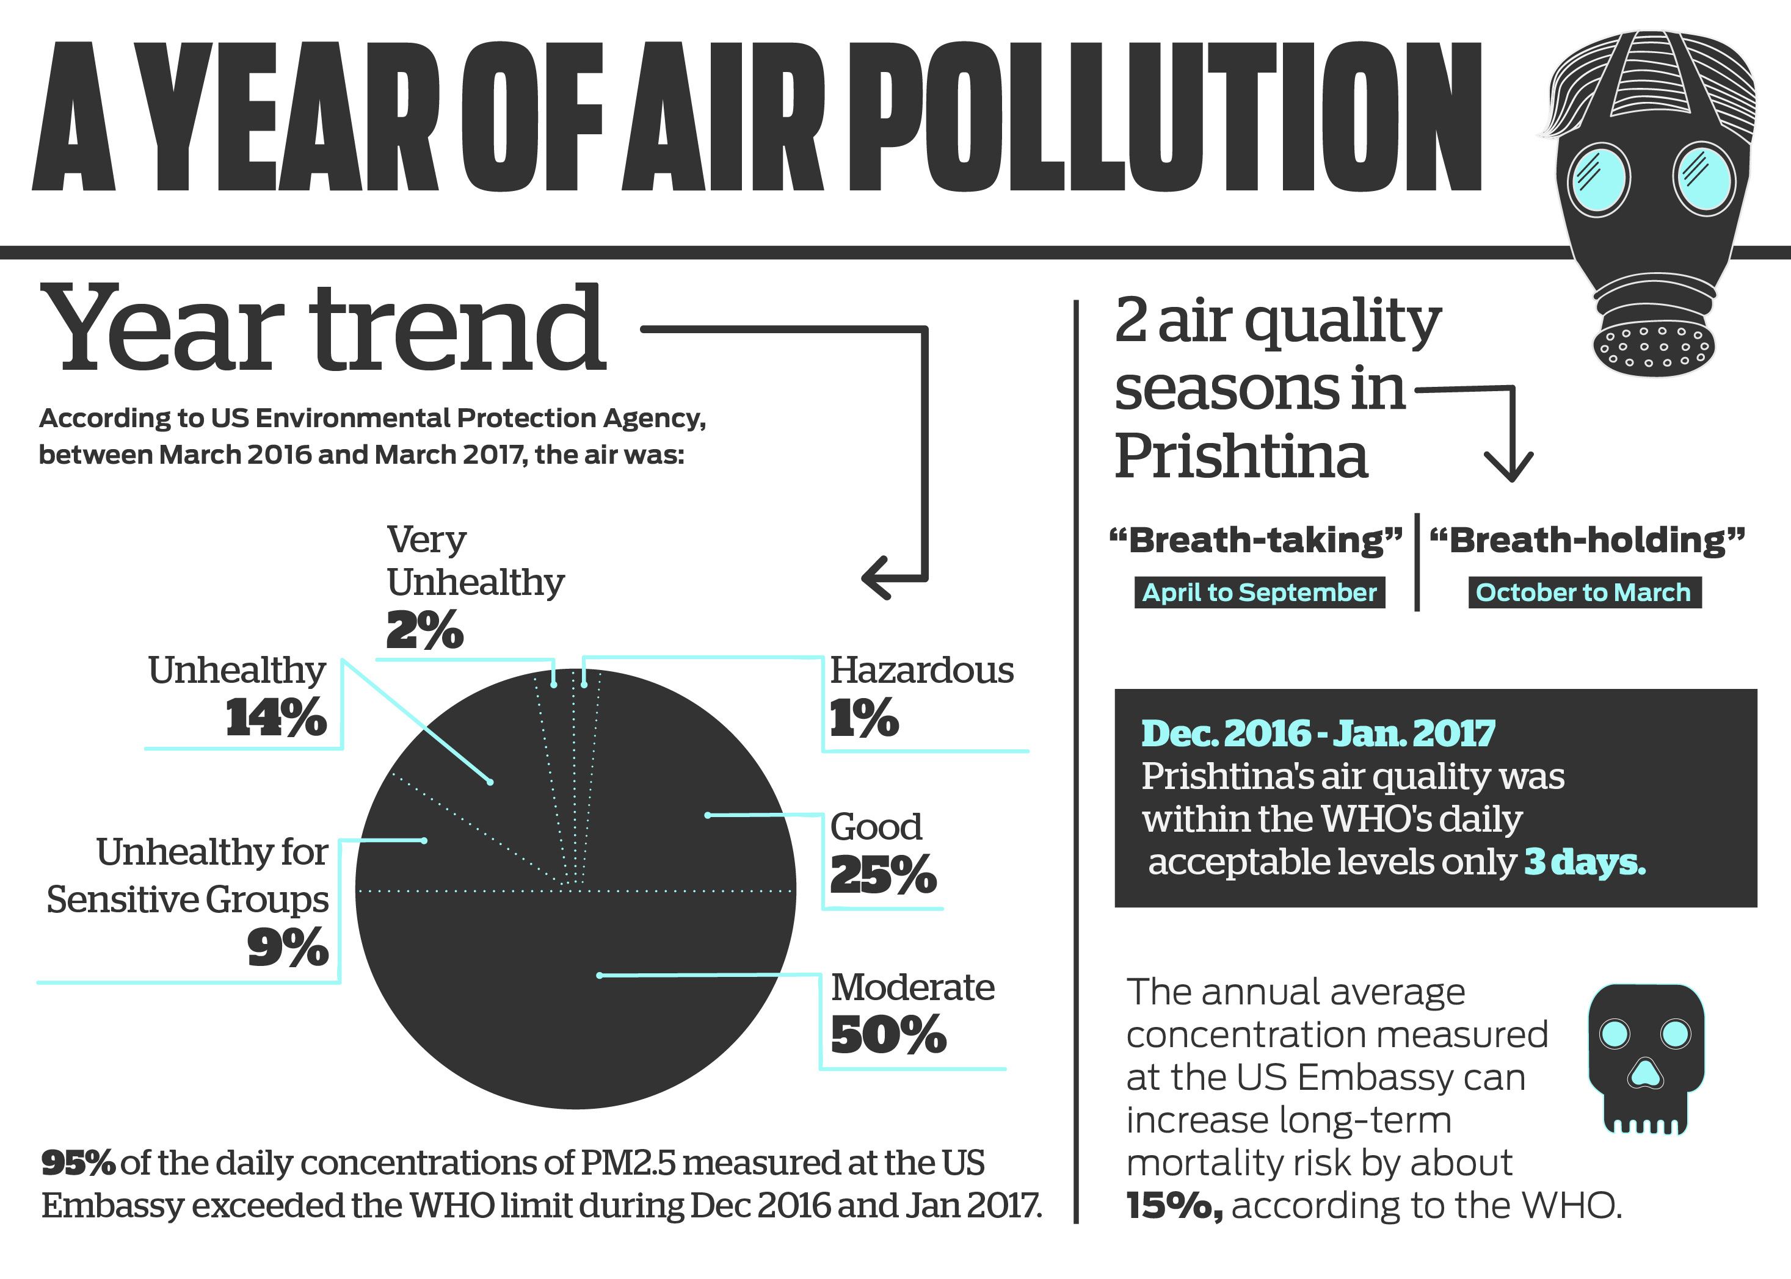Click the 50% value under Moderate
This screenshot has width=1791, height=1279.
(x=888, y=1034)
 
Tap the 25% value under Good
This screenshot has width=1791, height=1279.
(x=883, y=874)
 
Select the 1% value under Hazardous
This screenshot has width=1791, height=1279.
(x=863, y=718)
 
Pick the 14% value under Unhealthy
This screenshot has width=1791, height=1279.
(x=276, y=718)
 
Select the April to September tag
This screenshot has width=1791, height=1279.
(x=1259, y=593)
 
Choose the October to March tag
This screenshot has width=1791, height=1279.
(x=1584, y=593)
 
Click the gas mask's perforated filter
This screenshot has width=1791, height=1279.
(x=1653, y=347)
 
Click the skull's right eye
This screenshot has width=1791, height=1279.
(x=1675, y=1033)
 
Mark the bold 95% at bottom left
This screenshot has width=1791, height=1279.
(x=78, y=1163)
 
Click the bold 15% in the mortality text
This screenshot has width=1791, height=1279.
(x=1174, y=1206)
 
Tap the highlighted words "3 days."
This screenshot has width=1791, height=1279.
(x=1585, y=862)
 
